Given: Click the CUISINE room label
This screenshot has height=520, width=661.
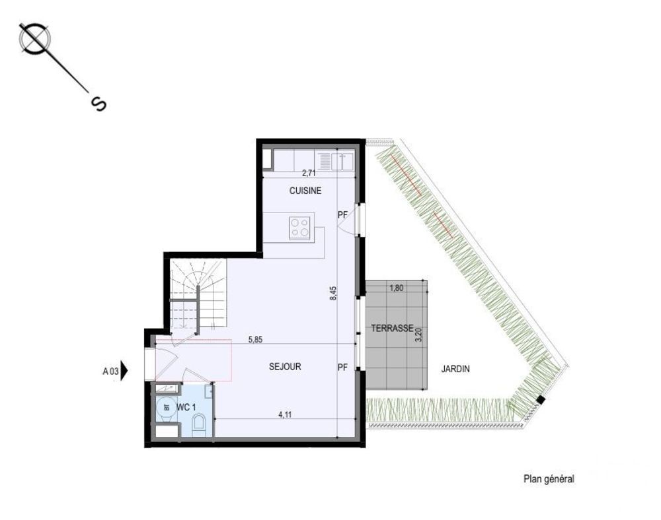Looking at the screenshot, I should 305,191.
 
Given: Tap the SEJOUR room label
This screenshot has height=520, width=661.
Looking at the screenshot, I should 285,366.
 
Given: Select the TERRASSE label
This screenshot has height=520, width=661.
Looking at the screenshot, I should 392,328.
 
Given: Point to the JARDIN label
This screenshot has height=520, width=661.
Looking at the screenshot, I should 455,370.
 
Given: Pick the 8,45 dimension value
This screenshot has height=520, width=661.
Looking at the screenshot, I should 332,292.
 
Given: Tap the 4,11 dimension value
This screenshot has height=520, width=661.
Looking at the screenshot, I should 285,415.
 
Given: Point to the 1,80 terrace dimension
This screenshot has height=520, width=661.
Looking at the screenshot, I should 396,288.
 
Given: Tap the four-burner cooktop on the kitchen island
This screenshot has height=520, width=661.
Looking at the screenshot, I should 301,226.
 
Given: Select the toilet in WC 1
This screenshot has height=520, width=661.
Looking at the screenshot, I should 199,426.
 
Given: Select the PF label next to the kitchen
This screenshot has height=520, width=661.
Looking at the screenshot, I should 342,214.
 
